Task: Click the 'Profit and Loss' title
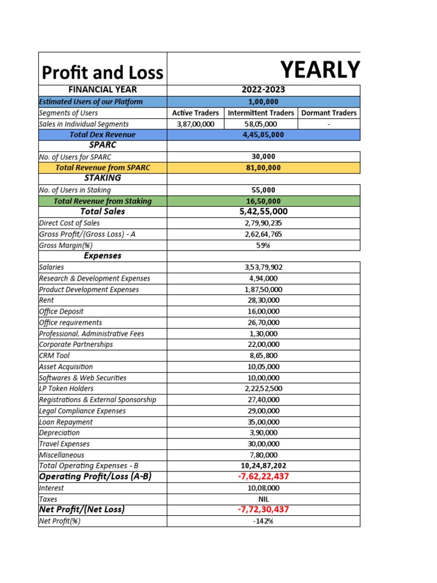tap(102, 72)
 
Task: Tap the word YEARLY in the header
tap(321, 69)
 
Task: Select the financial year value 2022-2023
tap(263, 90)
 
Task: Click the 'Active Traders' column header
tap(195, 113)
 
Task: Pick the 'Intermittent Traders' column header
tap(261, 113)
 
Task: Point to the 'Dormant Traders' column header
tap(329, 113)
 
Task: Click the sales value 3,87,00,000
tap(195, 124)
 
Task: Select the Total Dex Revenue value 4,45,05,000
tap(263, 135)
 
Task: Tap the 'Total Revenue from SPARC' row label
tap(102, 168)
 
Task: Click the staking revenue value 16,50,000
tap(263, 201)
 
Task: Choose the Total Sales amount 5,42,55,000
tap(263, 211)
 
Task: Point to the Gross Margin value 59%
tap(263, 245)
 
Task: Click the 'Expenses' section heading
tap(102, 256)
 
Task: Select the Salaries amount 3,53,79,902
tap(263, 267)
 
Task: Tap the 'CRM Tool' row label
tap(55, 355)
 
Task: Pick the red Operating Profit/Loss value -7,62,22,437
tap(263, 477)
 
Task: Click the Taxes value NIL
tap(263, 499)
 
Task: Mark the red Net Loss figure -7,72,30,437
tap(263, 510)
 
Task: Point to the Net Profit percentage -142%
tap(263, 521)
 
